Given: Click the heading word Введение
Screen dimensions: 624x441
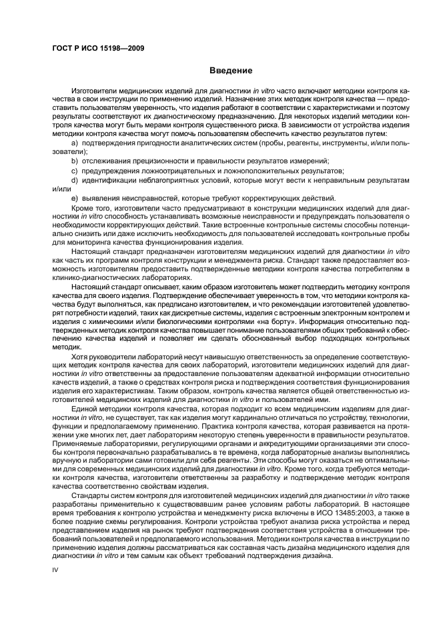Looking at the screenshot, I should point(230,70).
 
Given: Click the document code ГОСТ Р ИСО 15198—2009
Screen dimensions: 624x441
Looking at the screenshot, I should point(99,49).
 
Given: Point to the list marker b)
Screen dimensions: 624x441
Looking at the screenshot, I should point(75,161).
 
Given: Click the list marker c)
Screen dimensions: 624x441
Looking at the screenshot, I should point(75,171).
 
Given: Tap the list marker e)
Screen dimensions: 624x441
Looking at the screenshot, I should point(75,198).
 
